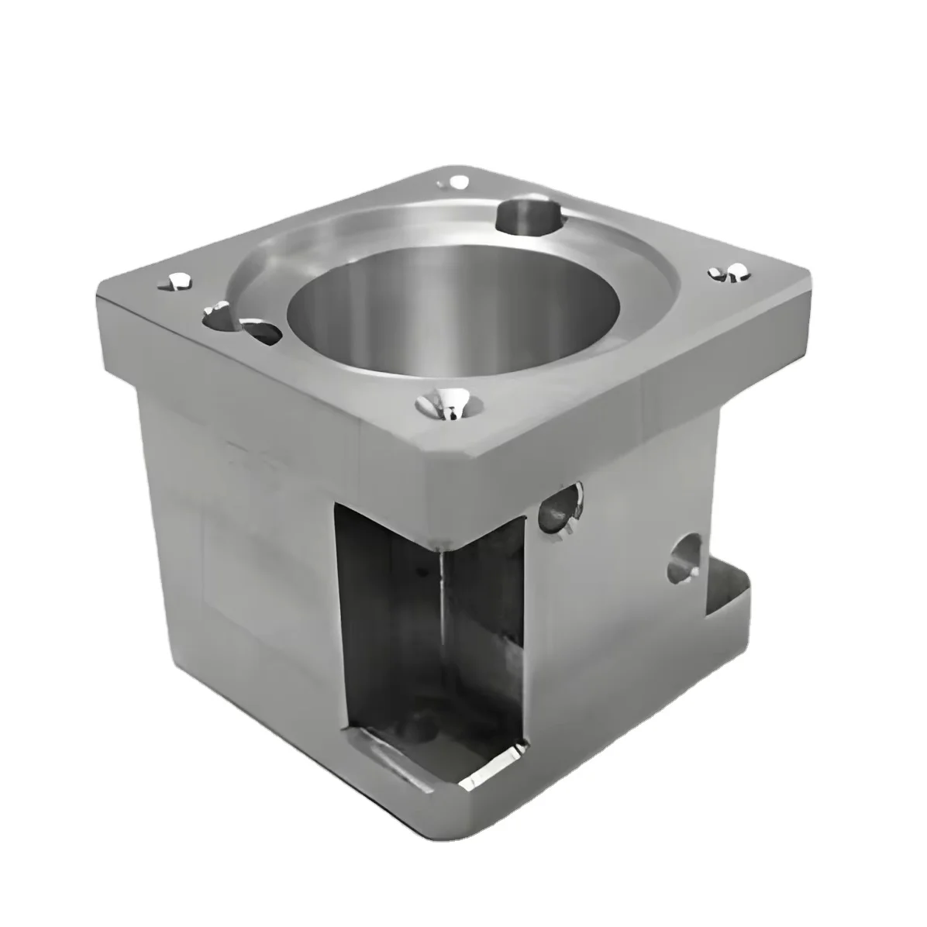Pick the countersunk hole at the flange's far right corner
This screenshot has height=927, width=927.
click(729, 272)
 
